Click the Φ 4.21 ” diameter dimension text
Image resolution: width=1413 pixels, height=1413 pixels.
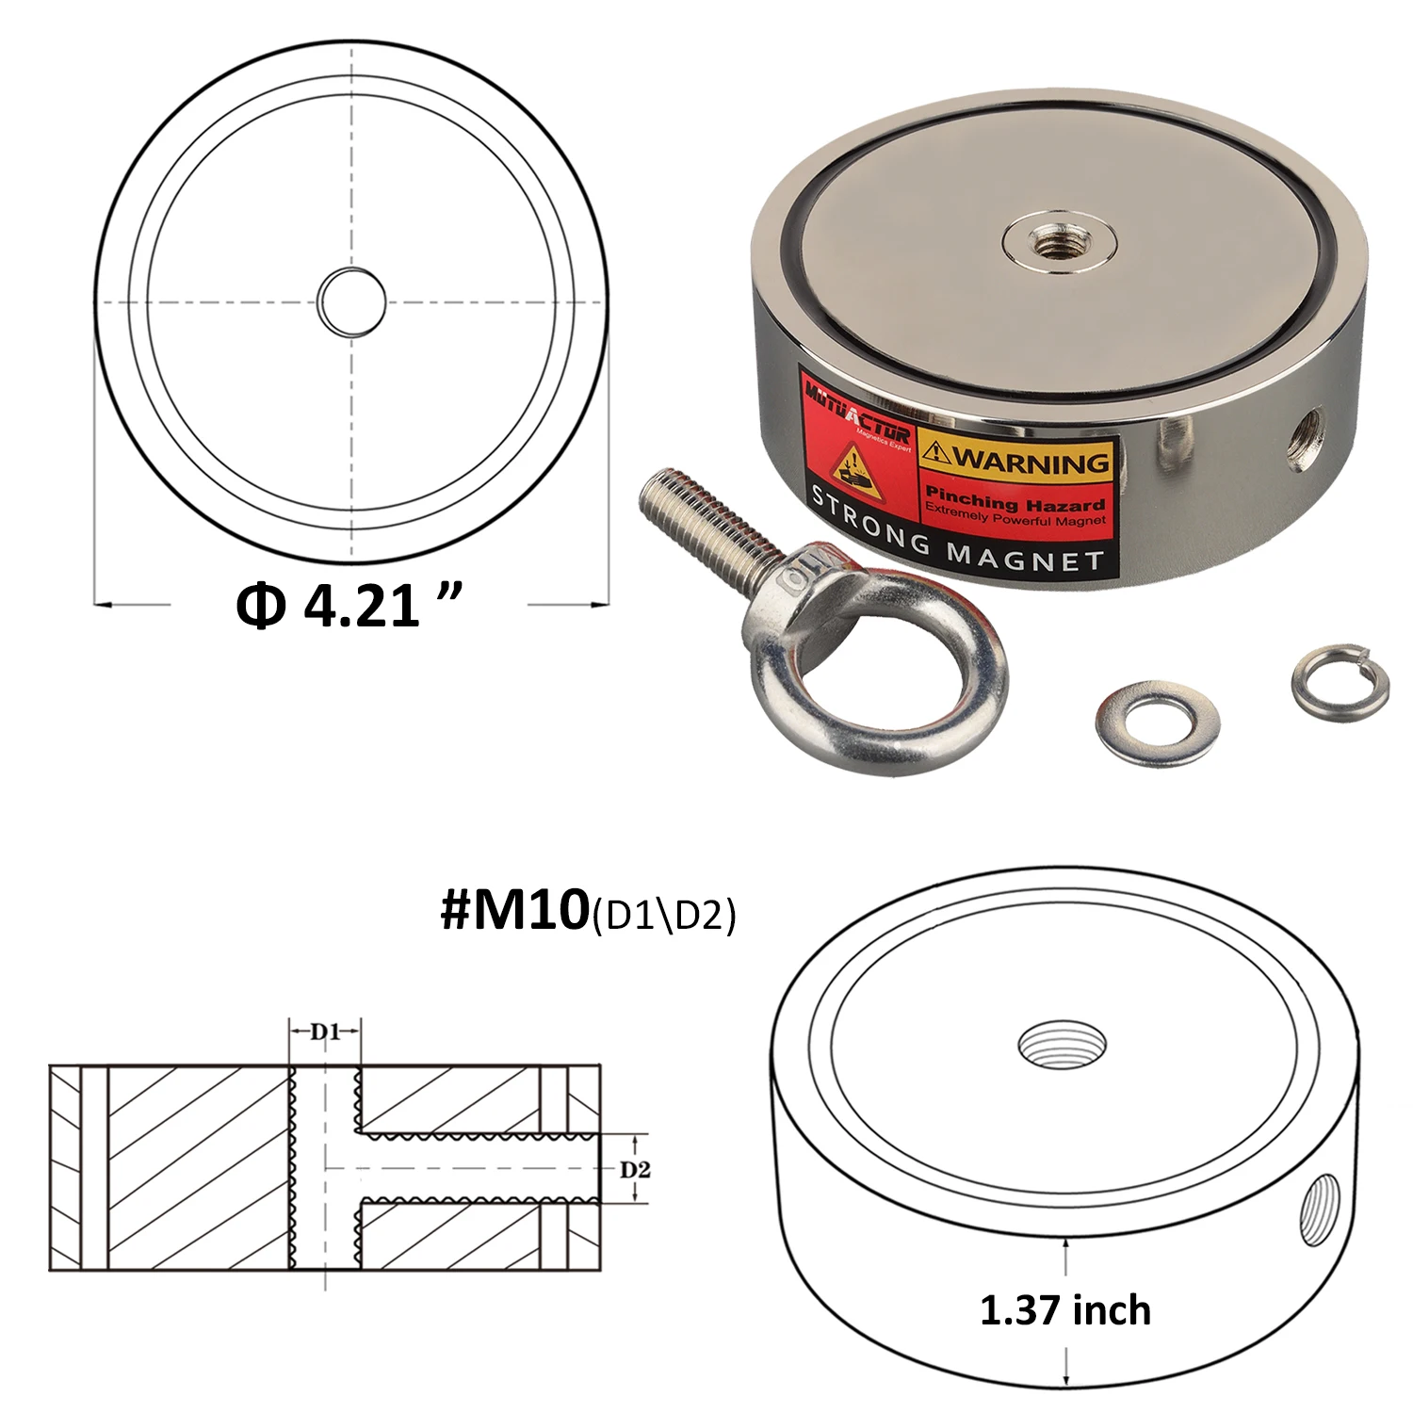(349, 605)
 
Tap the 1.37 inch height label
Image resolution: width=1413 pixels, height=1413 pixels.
(1065, 1310)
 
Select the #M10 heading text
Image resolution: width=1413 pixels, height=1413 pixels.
(514, 910)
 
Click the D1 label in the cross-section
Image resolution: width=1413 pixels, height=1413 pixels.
(325, 1031)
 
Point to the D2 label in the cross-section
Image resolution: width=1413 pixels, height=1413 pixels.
(635, 1170)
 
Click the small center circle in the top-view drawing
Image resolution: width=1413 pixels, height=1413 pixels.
(351, 301)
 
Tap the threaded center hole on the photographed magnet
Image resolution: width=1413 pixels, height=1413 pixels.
(1059, 234)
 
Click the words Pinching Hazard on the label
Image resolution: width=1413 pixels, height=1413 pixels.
(1014, 499)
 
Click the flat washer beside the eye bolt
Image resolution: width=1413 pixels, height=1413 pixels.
(1157, 722)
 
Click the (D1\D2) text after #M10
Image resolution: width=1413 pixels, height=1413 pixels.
(664, 915)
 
